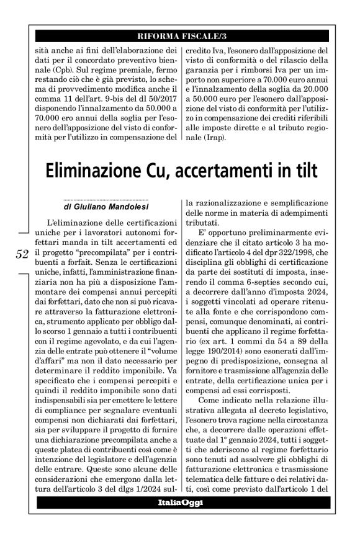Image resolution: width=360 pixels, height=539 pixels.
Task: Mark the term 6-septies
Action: click(x=268, y=280)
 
